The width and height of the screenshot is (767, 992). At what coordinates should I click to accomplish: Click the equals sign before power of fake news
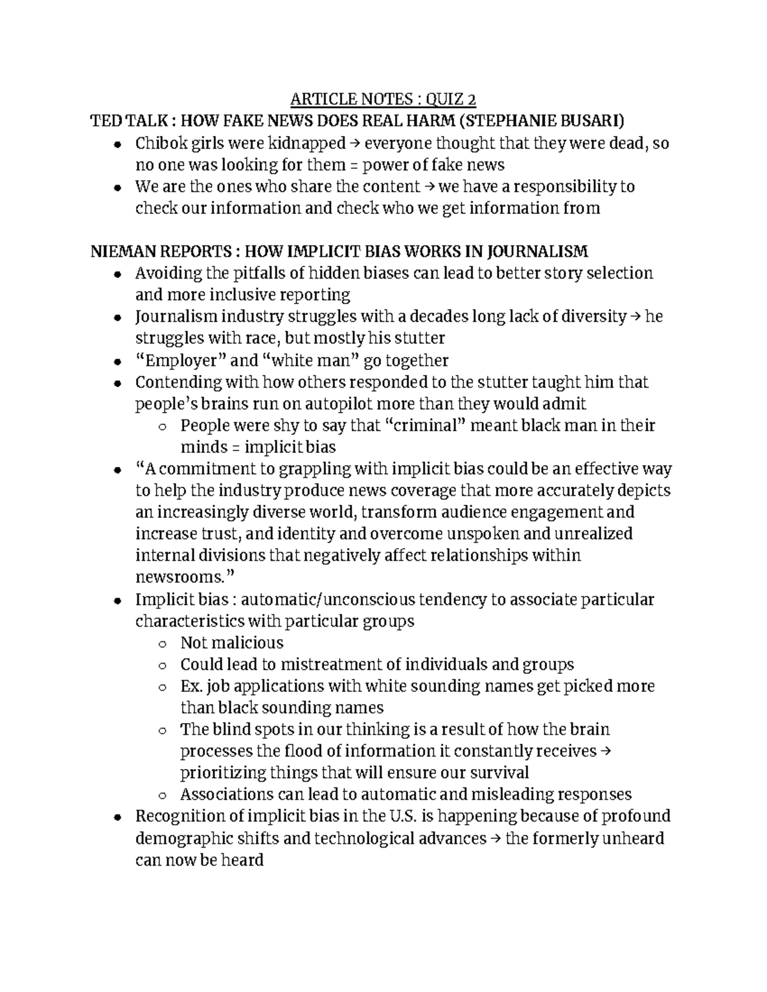353,165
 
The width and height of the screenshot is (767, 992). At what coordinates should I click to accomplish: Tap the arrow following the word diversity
635,316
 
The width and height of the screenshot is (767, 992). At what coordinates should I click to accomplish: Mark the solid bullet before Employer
116,362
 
